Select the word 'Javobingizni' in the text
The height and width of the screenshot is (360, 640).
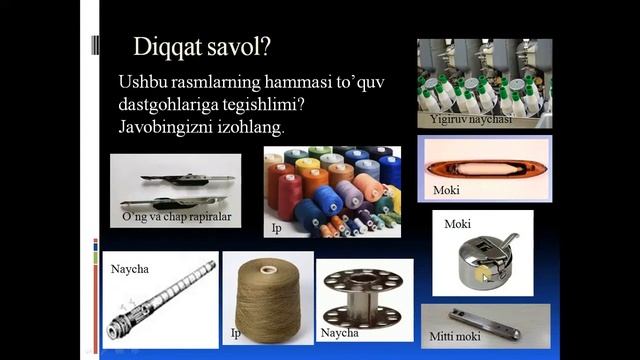coord(169,128)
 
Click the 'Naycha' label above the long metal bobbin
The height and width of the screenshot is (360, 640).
coord(128,268)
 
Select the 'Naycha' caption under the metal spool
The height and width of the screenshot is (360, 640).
coord(339,332)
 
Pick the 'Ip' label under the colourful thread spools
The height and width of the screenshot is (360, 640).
coord(277,228)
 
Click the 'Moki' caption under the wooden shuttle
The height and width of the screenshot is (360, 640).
coord(446,190)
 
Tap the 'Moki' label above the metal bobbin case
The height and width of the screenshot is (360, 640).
coord(458,224)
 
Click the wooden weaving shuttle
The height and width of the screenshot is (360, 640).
coord(486,160)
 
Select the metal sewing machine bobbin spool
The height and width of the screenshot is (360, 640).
coord(365,296)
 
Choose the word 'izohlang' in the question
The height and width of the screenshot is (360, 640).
coord(252,128)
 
